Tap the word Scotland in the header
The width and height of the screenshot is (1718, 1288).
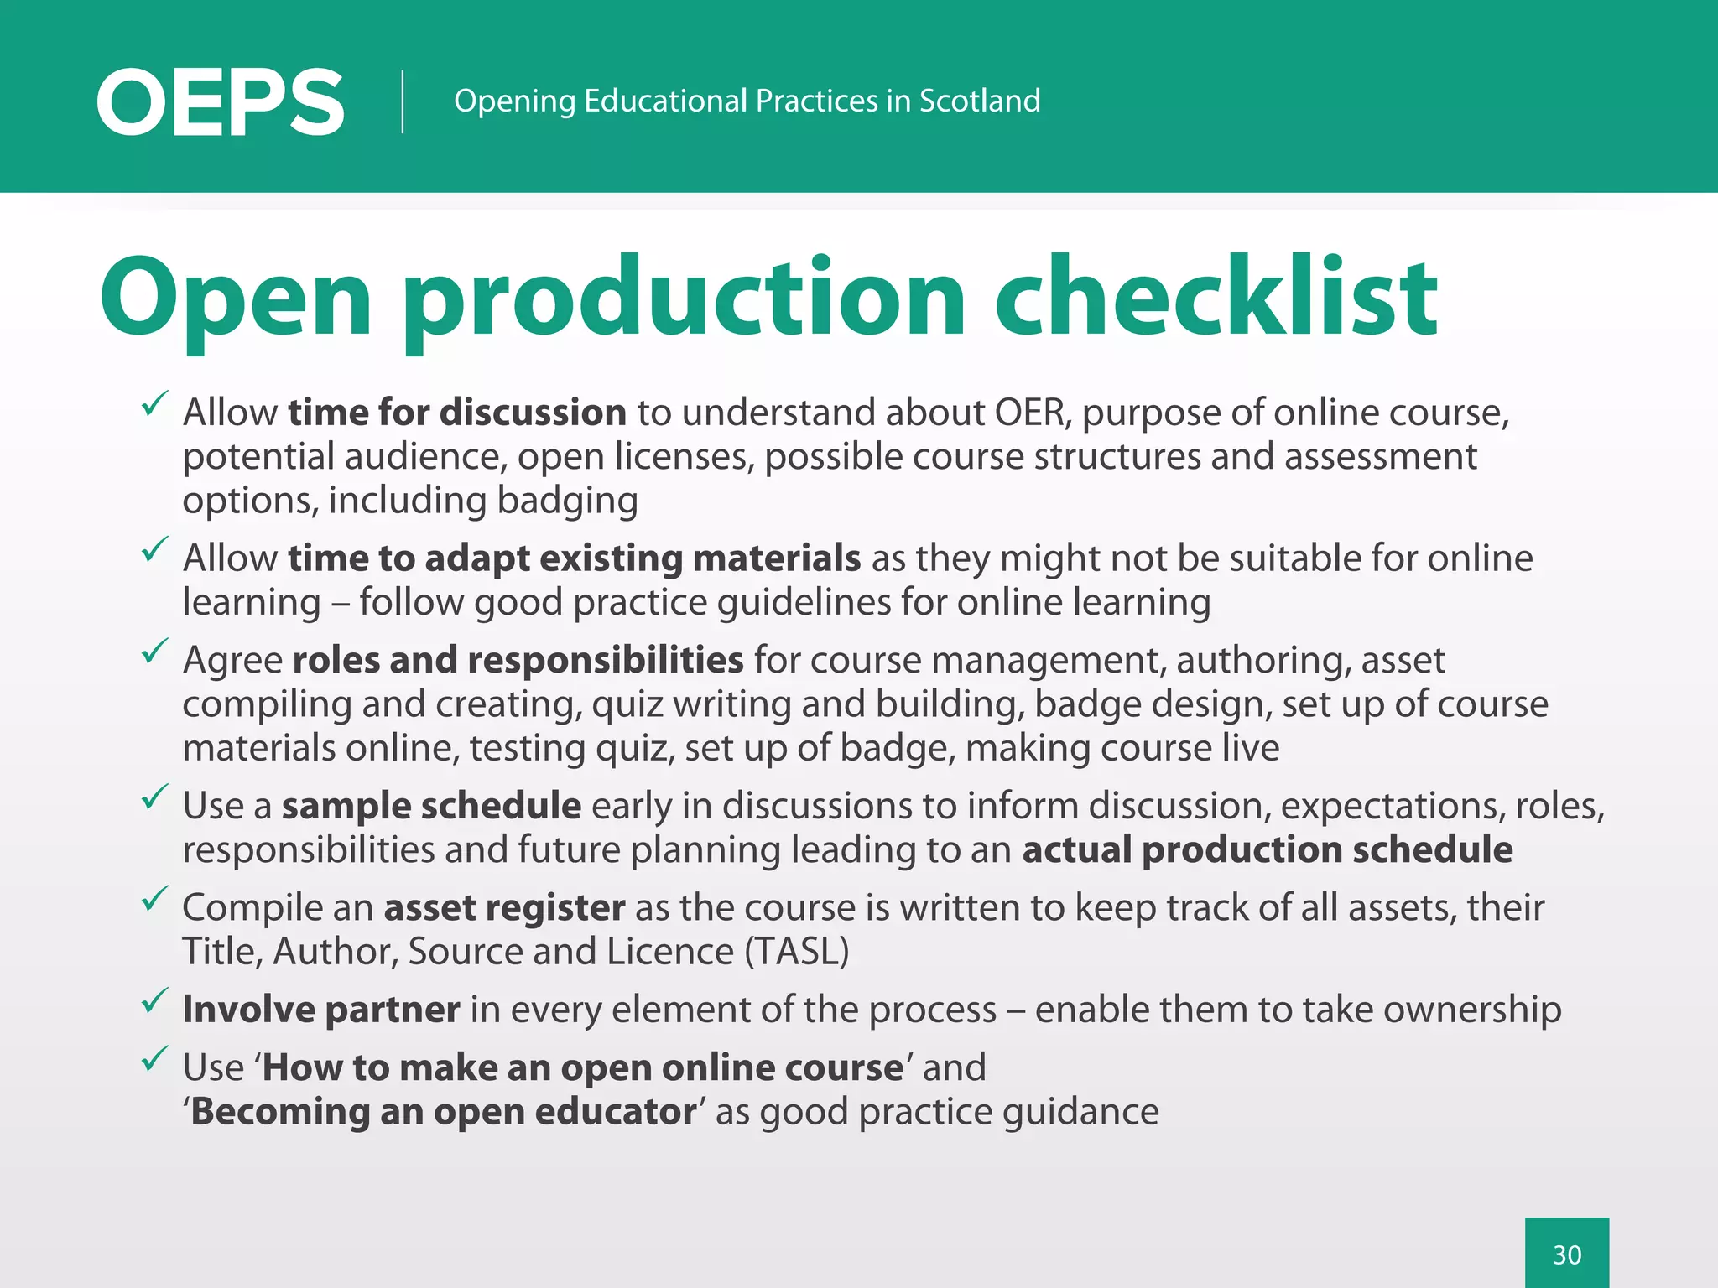(979, 101)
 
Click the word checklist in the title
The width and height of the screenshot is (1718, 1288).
(1216, 298)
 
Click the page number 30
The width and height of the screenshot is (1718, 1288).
(1566, 1254)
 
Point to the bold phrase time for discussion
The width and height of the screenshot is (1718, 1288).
(457, 413)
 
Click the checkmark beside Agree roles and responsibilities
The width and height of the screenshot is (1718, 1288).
(155, 652)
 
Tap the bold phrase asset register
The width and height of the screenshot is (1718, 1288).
(504, 908)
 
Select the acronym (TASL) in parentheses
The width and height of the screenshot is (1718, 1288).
(797, 952)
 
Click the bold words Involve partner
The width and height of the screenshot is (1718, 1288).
(321, 1010)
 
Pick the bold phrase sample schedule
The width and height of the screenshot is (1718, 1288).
(431, 806)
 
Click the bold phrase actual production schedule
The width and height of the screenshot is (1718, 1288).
(1267, 850)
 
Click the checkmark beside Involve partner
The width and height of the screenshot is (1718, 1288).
(155, 1000)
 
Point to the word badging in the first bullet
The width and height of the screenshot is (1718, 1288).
(567, 501)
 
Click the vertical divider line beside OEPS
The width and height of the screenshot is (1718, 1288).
(403, 101)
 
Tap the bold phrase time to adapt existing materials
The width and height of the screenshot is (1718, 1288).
(574, 558)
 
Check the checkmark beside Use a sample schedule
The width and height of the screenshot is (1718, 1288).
(155, 797)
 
